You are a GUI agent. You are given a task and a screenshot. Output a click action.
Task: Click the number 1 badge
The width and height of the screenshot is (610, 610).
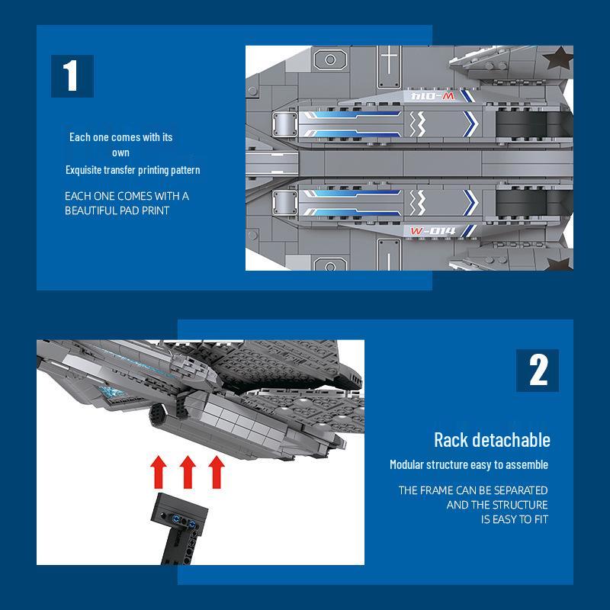point(72,76)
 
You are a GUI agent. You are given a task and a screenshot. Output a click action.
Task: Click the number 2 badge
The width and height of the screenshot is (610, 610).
point(538,371)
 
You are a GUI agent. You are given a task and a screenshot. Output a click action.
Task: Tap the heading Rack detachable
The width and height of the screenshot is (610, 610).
point(492,440)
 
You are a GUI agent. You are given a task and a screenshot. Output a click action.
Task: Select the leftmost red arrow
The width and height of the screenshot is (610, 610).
point(159,472)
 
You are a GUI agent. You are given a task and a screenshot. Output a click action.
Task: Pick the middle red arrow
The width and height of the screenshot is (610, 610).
point(188,472)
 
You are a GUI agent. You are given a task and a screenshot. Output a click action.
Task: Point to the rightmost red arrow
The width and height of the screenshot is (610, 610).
point(217,472)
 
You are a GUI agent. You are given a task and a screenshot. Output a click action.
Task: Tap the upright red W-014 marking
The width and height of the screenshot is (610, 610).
point(432,231)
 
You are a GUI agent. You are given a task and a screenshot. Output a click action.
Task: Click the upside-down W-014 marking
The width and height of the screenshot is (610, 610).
point(432,96)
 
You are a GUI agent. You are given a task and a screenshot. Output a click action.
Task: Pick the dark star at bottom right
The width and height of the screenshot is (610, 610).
point(560,263)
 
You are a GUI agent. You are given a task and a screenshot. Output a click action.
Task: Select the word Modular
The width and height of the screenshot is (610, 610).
point(406,464)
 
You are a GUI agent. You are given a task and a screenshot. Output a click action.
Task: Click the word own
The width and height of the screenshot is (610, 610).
point(120,153)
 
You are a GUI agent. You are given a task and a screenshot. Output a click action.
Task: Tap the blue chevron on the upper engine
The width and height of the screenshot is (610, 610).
point(470,124)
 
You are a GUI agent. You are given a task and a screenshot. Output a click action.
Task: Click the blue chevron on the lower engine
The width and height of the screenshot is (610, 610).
point(470,203)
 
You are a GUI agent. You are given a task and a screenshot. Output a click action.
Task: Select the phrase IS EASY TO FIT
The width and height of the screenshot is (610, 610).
point(514,519)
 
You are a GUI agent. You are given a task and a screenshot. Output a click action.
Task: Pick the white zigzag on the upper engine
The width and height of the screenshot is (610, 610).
point(417,124)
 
